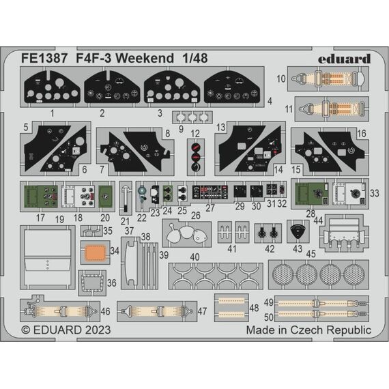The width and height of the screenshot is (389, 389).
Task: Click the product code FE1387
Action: coord(44,59)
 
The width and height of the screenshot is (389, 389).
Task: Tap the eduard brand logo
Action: coord(345,59)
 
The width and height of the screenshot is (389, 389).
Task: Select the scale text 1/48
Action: coord(195,59)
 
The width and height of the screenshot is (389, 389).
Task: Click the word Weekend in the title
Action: coord(145,59)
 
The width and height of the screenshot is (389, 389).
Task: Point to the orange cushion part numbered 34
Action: coord(95,253)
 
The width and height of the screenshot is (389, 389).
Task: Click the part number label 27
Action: coord(210,208)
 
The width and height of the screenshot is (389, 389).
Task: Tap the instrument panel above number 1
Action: coord(52,87)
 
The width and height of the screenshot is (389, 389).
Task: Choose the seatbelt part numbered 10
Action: coord(328,78)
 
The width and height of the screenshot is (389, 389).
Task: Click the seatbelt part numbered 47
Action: coord(157,311)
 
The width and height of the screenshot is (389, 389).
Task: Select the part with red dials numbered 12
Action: coord(196,157)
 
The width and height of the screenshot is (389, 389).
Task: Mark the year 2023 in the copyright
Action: coord(98,330)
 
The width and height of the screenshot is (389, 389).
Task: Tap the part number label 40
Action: coord(194,257)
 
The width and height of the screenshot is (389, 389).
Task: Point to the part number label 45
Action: coord(311,254)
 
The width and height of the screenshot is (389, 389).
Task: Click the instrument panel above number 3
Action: coord(172,87)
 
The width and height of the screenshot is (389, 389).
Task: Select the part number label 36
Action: coord(112,283)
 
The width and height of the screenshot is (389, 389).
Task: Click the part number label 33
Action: coord(375,193)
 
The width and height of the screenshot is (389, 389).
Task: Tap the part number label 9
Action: coord(181,129)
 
